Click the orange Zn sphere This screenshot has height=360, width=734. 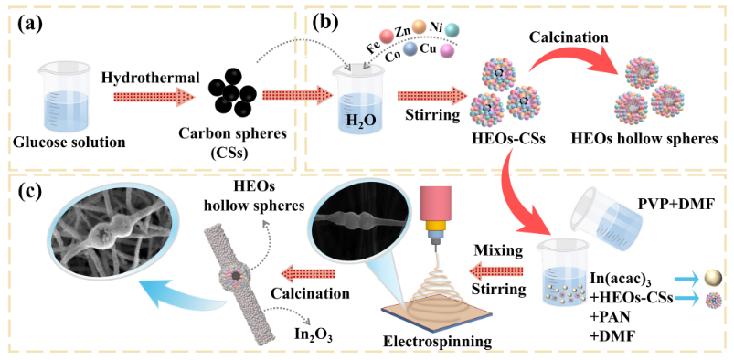click(x=419, y=26)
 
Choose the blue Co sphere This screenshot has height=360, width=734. click(x=410, y=48)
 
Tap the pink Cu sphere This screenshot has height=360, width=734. click(x=448, y=50)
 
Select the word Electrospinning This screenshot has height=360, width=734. click(x=438, y=342)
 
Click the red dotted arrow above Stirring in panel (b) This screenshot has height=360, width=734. click(x=427, y=96)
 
